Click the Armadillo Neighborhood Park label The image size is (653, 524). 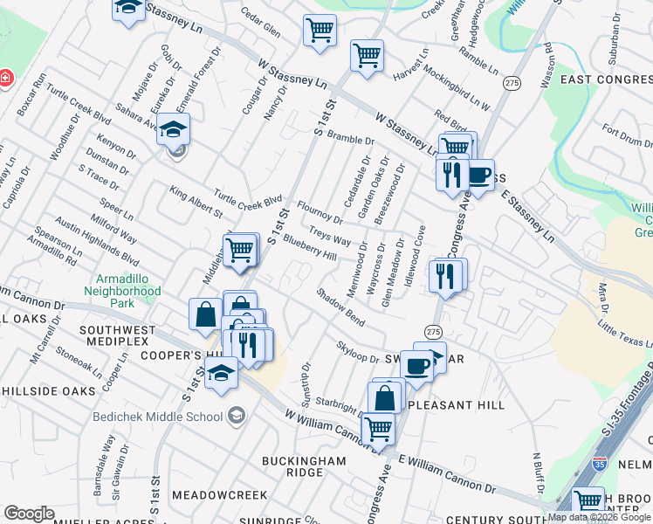[122, 290]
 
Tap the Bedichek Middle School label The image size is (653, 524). [158, 417]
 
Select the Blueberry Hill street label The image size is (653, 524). [310, 250]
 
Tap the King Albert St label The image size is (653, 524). [196, 200]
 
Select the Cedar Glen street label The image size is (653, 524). [260, 24]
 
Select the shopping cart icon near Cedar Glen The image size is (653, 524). [320, 31]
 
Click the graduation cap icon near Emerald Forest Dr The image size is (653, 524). [173, 130]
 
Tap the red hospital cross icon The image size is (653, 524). [5, 78]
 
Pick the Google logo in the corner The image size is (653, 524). [29, 514]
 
